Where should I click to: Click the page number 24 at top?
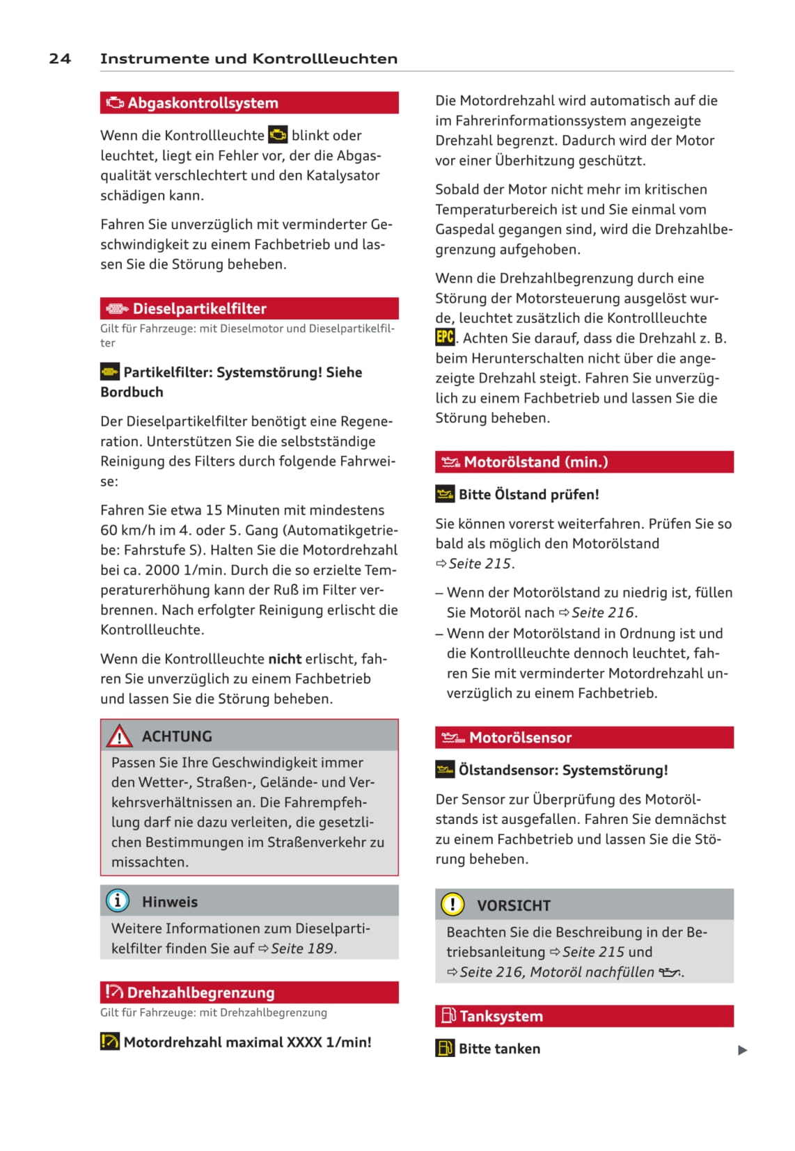[60, 58]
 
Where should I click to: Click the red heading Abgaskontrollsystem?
[203, 103]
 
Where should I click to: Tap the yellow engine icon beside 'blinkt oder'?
[278, 135]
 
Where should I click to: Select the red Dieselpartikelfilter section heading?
[199, 308]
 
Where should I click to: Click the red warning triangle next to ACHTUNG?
[119, 736]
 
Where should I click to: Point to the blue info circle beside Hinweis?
[117, 901]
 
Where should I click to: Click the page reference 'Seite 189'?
[303, 948]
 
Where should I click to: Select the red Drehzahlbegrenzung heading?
[200, 992]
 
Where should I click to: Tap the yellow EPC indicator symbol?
[445, 338]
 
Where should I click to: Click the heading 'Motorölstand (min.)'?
[535, 462]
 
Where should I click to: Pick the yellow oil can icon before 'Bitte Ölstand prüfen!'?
[445, 495]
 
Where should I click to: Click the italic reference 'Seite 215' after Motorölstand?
[480, 563]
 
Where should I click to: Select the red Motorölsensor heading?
[520, 738]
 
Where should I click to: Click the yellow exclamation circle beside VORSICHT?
[452, 905]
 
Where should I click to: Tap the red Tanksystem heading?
[501, 1016]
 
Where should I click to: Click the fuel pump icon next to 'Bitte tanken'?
[445, 1048]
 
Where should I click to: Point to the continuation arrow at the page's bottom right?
[742, 1050]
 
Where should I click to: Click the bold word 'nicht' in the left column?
[285, 659]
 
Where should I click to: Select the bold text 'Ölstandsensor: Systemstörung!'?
[562, 770]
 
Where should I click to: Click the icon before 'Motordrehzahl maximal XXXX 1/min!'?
[110, 1042]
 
